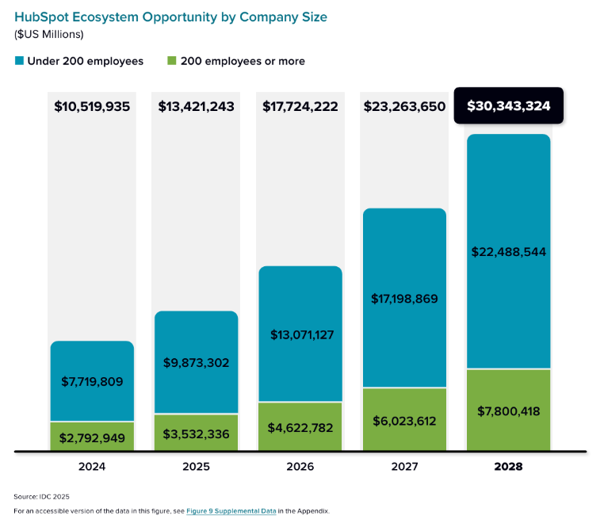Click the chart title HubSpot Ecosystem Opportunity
pyautogui.click(x=170, y=17)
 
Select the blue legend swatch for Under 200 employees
pyautogui.click(x=19, y=61)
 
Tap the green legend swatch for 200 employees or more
pyautogui.click(x=171, y=61)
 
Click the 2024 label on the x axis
pyautogui.click(x=92, y=467)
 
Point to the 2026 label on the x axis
pyautogui.click(x=300, y=467)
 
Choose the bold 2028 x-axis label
pyautogui.click(x=508, y=467)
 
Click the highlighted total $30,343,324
pyautogui.click(x=508, y=106)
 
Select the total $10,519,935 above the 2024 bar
pyautogui.click(x=92, y=106)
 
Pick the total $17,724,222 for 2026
pyautogui.click(x=300, y=106)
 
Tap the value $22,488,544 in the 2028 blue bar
pyautogui.click(x=508, y=252)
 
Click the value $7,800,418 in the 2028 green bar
pyautogui.click(x=508, y=411)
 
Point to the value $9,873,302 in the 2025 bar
pyautogui.click(x=196, y=363)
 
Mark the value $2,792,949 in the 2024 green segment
pyautogui.click(x=92, y=437)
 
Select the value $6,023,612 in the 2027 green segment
pyautogui.click(x=404, y=421)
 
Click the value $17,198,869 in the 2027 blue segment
pyautogui.click(x=404, y=299)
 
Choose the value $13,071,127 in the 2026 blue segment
pyautogui.click(x=300, y=334)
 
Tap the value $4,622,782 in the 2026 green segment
pyautogui.click(x=300, y=428)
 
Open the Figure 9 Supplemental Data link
pyautogui.click(x=231, y=511)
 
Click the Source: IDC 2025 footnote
pyautogui.click(x=41, y=496)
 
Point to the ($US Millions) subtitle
pyautogui.click(x=49, y=34)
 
